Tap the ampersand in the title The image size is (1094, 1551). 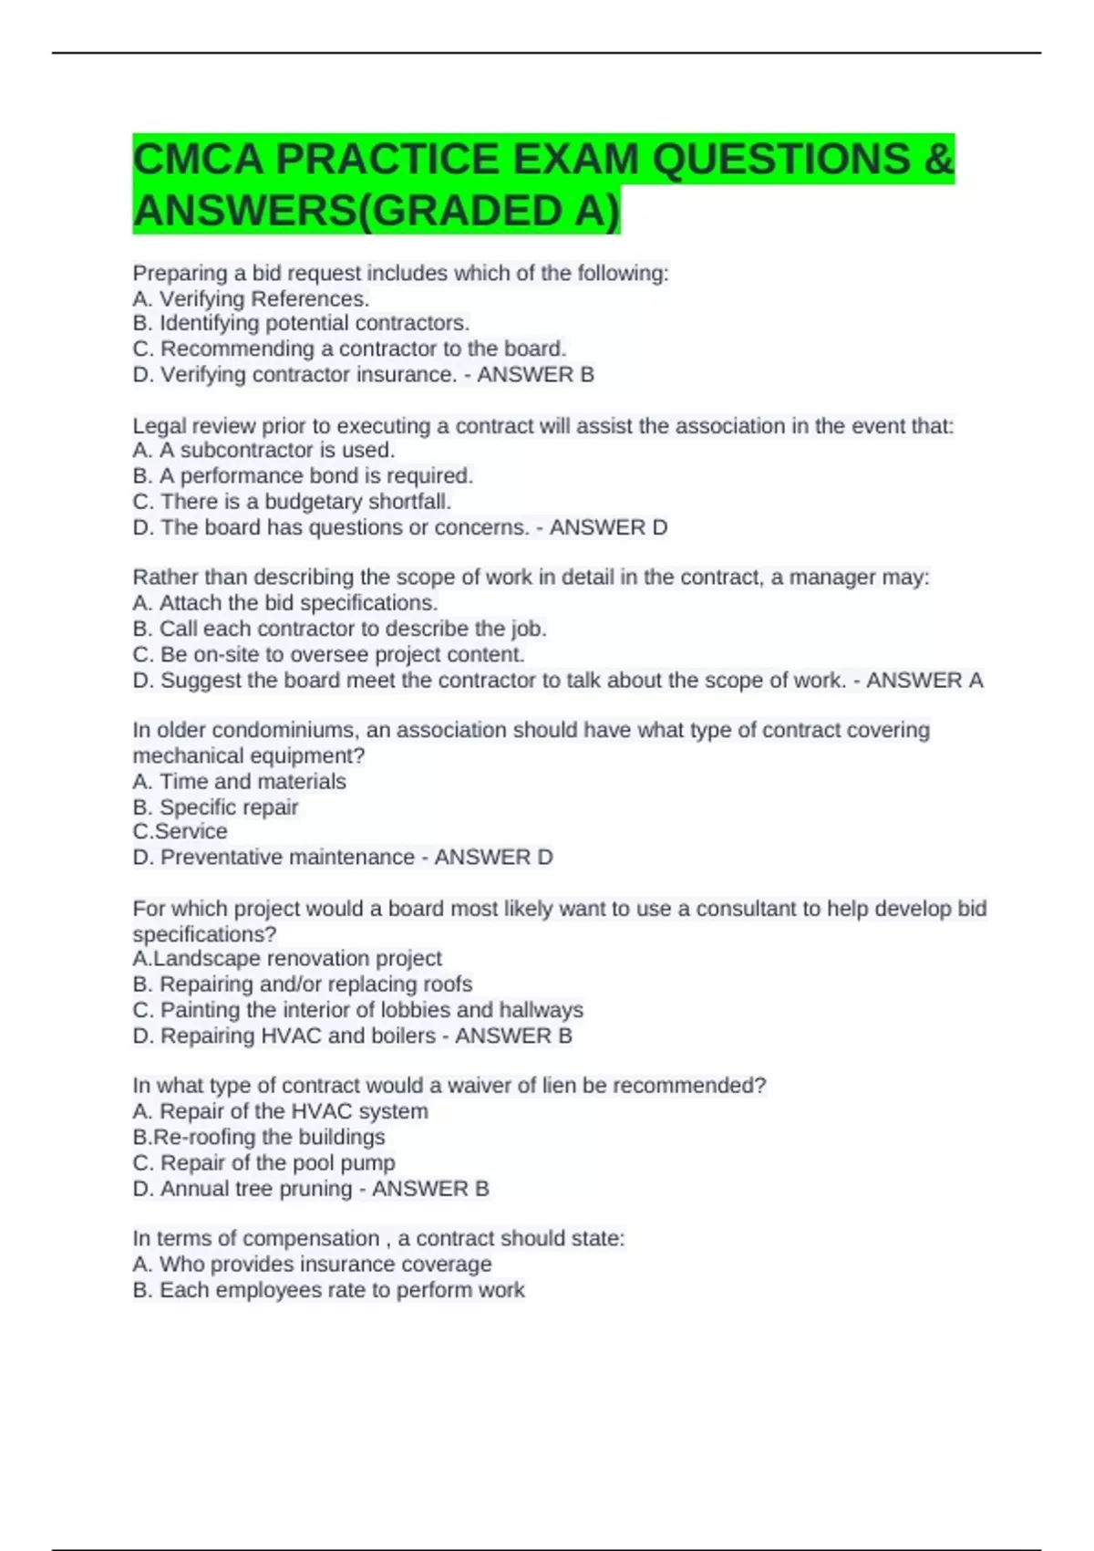tap(938, 160)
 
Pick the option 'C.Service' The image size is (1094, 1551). tap(180, 831)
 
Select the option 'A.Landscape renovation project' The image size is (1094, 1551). tap(286, 958)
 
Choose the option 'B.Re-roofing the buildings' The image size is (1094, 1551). tap(258, 1137)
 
